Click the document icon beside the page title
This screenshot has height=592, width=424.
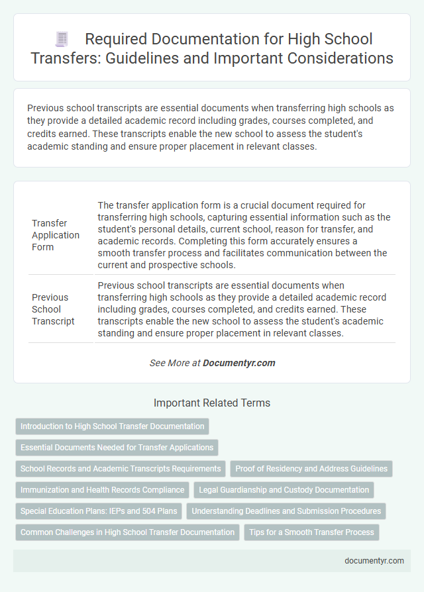click(62, 39)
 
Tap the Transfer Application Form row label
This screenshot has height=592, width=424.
click(56, 235)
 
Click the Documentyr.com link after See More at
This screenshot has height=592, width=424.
click(238, 363)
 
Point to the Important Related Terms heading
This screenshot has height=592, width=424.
click(212, 403)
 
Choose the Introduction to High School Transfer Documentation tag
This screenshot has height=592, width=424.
click(112, 426)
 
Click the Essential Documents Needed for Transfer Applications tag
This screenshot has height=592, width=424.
click(117, 448)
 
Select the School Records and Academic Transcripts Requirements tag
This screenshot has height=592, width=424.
click(121, 469)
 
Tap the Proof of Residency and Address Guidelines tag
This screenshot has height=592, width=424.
click(311, 469)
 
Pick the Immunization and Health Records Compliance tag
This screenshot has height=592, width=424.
click(102, 490)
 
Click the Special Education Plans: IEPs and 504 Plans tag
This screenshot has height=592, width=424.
click(98, 511)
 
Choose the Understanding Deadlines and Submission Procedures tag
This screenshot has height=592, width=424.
click(286, 511)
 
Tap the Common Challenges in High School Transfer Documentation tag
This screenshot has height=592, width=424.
click(127, 532)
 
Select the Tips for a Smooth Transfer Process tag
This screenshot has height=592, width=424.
click(310, 532)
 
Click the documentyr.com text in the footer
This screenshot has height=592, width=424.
click(374, 560)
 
